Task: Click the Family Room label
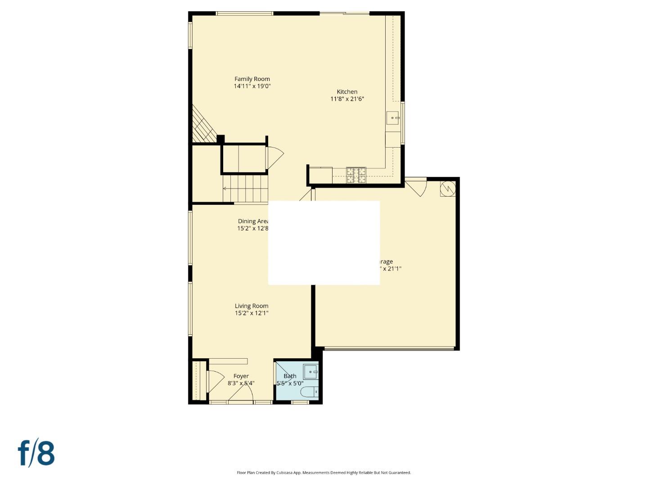tap(252, 79)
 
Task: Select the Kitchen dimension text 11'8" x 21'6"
tap(347, 99)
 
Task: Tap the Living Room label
tap(252, 306)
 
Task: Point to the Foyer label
tap(241, 376)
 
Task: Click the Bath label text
tap(290, 376)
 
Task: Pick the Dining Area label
tap(253, 221)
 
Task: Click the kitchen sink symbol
tap(393, 118)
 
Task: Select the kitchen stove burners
tap(356, 175)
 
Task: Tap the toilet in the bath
tap(309, 392)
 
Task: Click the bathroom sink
tap(310, 372)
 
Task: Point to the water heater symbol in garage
tap(448, 189)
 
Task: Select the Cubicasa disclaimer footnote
tap(324, 472)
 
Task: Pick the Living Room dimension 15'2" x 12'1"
tap(252, 313)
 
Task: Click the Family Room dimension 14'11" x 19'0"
tap(252, 86)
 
